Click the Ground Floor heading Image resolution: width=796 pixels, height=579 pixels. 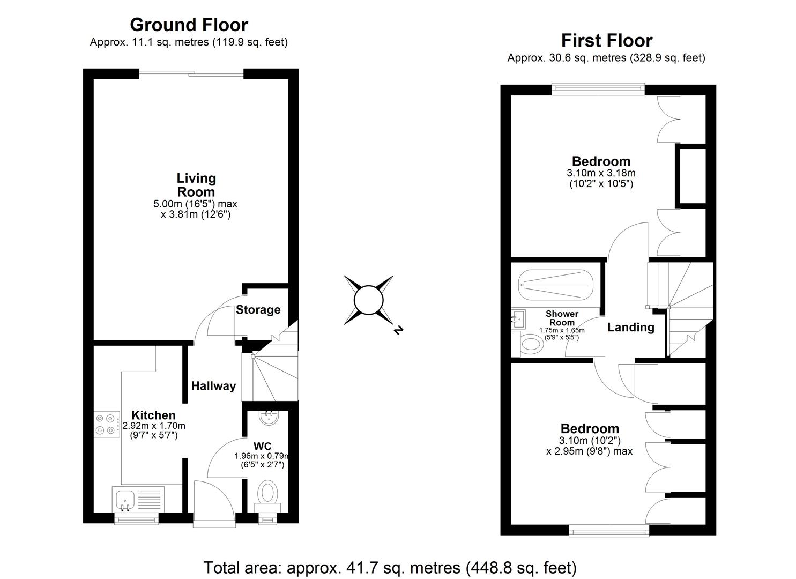[x=189, y=25]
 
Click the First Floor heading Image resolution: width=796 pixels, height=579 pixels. [x=606, y=41]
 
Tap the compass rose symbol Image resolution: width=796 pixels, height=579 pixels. [x=369, y=300]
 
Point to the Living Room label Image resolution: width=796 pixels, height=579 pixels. [x=196, y=185]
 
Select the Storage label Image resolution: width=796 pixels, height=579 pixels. [x=258, y=310]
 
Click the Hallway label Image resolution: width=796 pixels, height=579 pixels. [x=213, y=386]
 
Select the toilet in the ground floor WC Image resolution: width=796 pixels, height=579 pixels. [x=267, y=491]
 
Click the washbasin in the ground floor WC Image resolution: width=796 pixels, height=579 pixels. [x=267, y=417]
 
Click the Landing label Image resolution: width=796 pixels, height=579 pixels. [x=630, y=328]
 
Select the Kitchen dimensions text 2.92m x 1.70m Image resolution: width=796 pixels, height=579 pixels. [x=154, y=426]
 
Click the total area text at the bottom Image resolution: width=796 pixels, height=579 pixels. [x=390, y=567]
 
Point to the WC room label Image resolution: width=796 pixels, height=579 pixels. [x=263, y=446]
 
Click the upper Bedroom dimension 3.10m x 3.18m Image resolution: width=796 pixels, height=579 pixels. [x=601, y=173]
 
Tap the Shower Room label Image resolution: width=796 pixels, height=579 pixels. [x=562, y=318]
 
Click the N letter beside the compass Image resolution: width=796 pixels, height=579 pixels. [x=398, y=331]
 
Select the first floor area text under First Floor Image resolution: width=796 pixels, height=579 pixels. [x=606, y=58]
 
